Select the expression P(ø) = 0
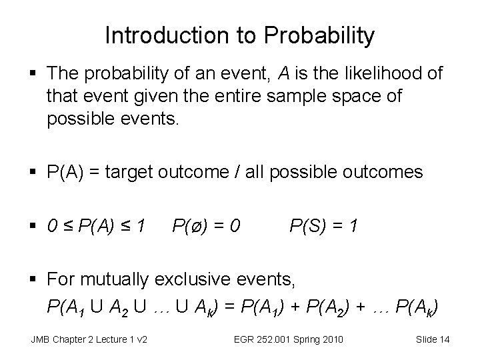coord(206,228)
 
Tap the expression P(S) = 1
coord(324,228)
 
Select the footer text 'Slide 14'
coord(433,340)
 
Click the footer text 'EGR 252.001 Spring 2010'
coord(289,340)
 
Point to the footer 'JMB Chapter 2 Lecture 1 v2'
coord(89,340)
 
